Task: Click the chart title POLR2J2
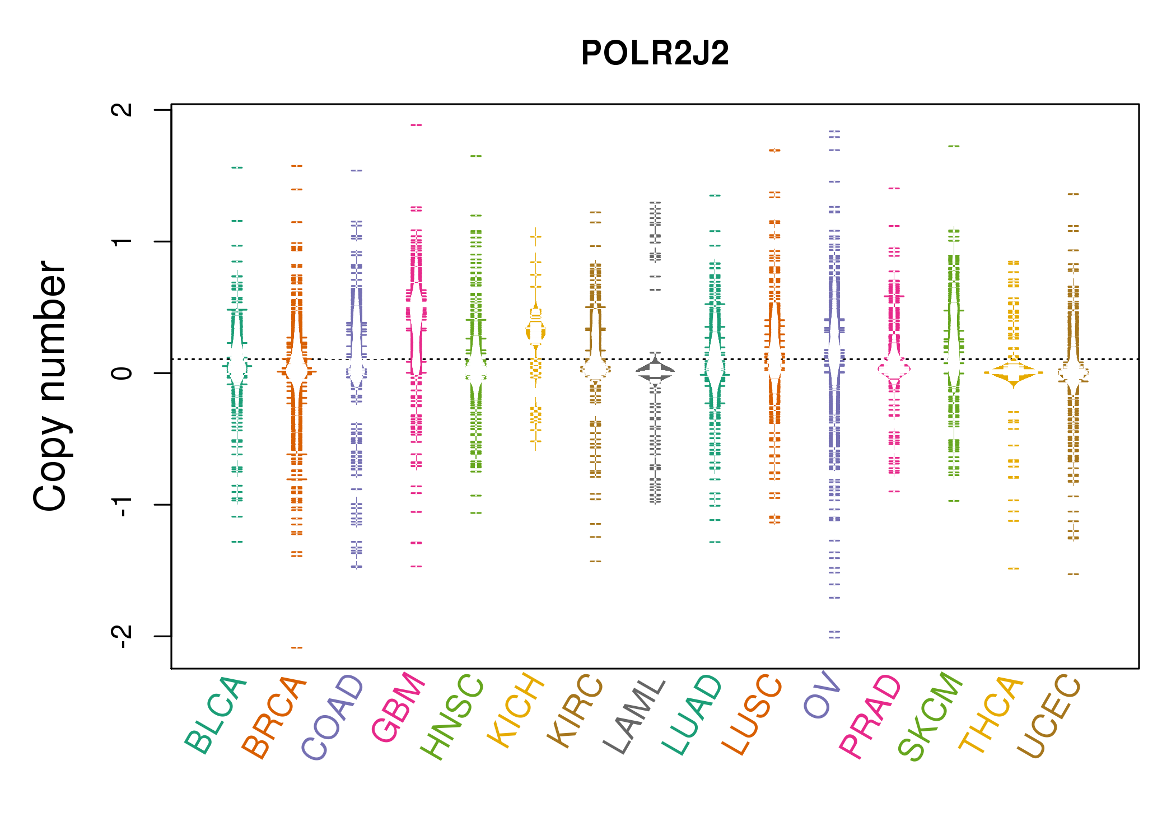click(655, 53)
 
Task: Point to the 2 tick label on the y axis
click(122, 109)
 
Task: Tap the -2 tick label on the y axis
click(122, 636)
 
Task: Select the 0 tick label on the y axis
click(122, 373)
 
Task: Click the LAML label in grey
click(634, 717)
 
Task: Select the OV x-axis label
click(822, 694)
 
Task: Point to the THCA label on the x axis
click(991, 715)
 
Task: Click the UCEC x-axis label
click(1049, 716)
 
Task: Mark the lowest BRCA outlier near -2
click(297, 648)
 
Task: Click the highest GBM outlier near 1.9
click(416, 125)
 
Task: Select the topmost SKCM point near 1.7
click(954, 146)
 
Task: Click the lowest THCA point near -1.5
click(1014, 569)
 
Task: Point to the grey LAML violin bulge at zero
click(655, 371)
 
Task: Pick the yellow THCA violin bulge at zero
click(1014, 372)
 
